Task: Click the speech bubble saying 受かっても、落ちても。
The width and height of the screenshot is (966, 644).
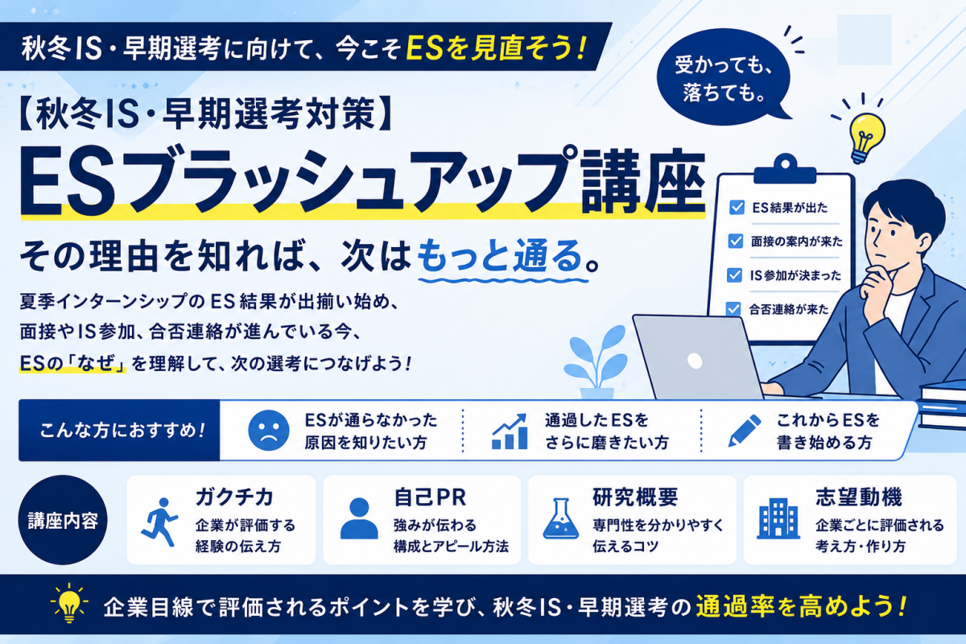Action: pos(723,76)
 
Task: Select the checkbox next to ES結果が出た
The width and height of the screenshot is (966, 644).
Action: pos(737,208)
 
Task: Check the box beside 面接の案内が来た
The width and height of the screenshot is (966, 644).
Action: pos(736,242)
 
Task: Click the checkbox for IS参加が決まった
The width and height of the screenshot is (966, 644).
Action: pos(734,275)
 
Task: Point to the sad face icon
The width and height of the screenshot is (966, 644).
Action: pos(269,431)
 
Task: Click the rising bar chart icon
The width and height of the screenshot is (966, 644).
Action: pos(510,431)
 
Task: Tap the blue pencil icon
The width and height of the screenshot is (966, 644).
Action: pos(745,431)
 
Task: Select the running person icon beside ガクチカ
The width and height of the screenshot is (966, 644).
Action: pos(159,522)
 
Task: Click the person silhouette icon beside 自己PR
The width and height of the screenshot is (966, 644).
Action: pos(359,518)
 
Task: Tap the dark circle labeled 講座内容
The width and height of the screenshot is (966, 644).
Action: pos(63,520)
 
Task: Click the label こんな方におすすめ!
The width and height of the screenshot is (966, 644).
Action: pos(122,431)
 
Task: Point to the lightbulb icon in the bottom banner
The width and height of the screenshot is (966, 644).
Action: pos(69,603)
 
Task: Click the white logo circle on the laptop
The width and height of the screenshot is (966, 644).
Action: pos(695,361)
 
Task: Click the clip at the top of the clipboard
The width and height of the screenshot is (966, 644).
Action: pos(785,170)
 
